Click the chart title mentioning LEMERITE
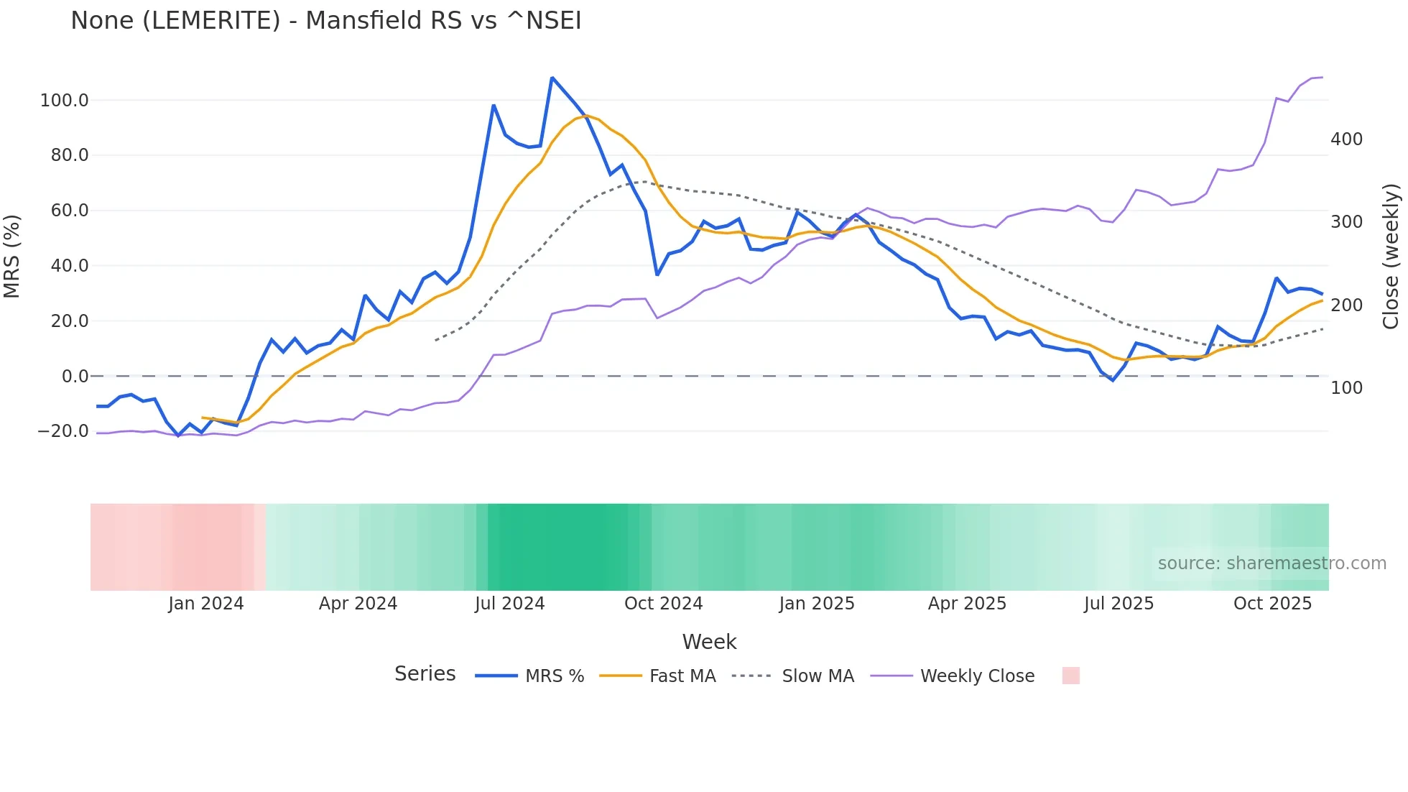325,20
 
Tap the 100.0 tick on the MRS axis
65,100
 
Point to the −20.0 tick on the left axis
63,431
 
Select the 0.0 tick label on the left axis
75,376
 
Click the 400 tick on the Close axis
1346,139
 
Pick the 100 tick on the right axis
1346,387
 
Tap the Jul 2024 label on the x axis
509,603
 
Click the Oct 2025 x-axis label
1272,603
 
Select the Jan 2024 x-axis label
206,603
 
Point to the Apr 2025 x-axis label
967,603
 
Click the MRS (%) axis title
11,257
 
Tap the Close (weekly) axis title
1391,257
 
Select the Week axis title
709,642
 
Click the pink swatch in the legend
1070,676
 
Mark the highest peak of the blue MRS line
552,78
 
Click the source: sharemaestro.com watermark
1272,563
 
